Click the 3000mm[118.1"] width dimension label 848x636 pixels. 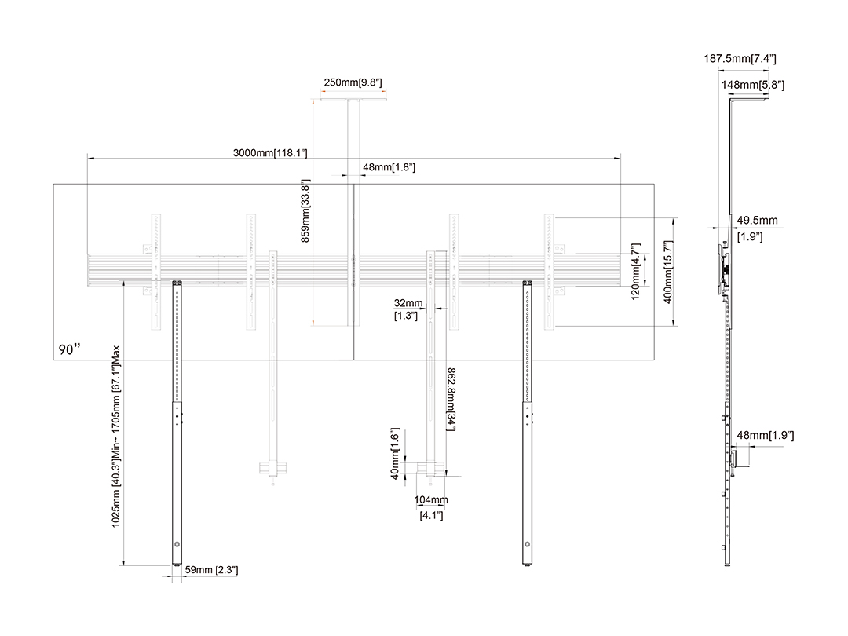[x=270, y=152]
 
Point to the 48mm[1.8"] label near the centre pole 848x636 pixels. [x=389, y=167]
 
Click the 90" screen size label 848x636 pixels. [x=70, y=349]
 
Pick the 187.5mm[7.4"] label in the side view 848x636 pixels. [x=740, y=59]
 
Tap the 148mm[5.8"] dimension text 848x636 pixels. [x=751, y=85]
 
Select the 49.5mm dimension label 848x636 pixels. [x=757, y=221]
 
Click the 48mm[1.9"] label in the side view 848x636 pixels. [x=770, y=436]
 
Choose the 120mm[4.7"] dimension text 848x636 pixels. [x=637, y=271]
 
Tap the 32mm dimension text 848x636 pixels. [x=408, y=303]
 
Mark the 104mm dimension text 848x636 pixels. [x=431, y=500]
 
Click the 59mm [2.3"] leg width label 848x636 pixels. [x=211, y=570]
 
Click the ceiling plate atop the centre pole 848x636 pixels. [x=353, y=99]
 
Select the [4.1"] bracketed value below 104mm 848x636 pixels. [x=431, y=515]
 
